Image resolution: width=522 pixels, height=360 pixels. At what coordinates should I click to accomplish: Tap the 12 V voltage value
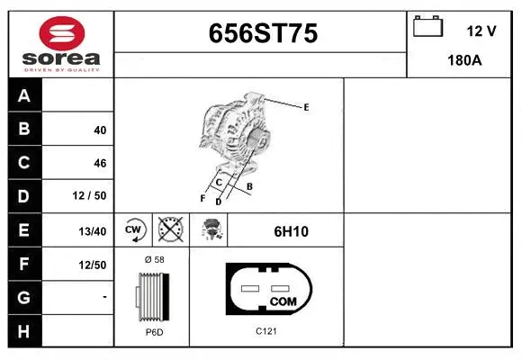(x=481, y=31)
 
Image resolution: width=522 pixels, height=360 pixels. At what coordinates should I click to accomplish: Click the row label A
(x=24, y=96)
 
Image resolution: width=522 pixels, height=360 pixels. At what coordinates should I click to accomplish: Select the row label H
(x=24, y=330)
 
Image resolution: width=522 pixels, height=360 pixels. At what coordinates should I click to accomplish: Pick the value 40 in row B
(x=99, y=130)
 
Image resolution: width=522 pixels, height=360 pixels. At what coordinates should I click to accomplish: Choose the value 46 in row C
(x=99, y=164)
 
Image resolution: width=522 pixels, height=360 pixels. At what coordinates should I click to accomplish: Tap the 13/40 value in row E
(x=92, y=231)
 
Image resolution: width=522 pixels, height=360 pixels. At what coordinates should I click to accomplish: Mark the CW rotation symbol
(x=134, y=230)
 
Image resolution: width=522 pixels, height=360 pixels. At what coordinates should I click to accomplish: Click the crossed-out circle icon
(x=170, y=230)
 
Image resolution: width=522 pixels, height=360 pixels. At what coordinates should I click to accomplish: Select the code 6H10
(x=291, y=231)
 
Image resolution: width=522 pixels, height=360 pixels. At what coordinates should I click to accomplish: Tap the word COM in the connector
(x=283, y=301)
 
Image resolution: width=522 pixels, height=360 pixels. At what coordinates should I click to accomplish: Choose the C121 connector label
(x=265, y=331)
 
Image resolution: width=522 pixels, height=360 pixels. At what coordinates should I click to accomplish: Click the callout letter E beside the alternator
(x=306, y=108)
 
